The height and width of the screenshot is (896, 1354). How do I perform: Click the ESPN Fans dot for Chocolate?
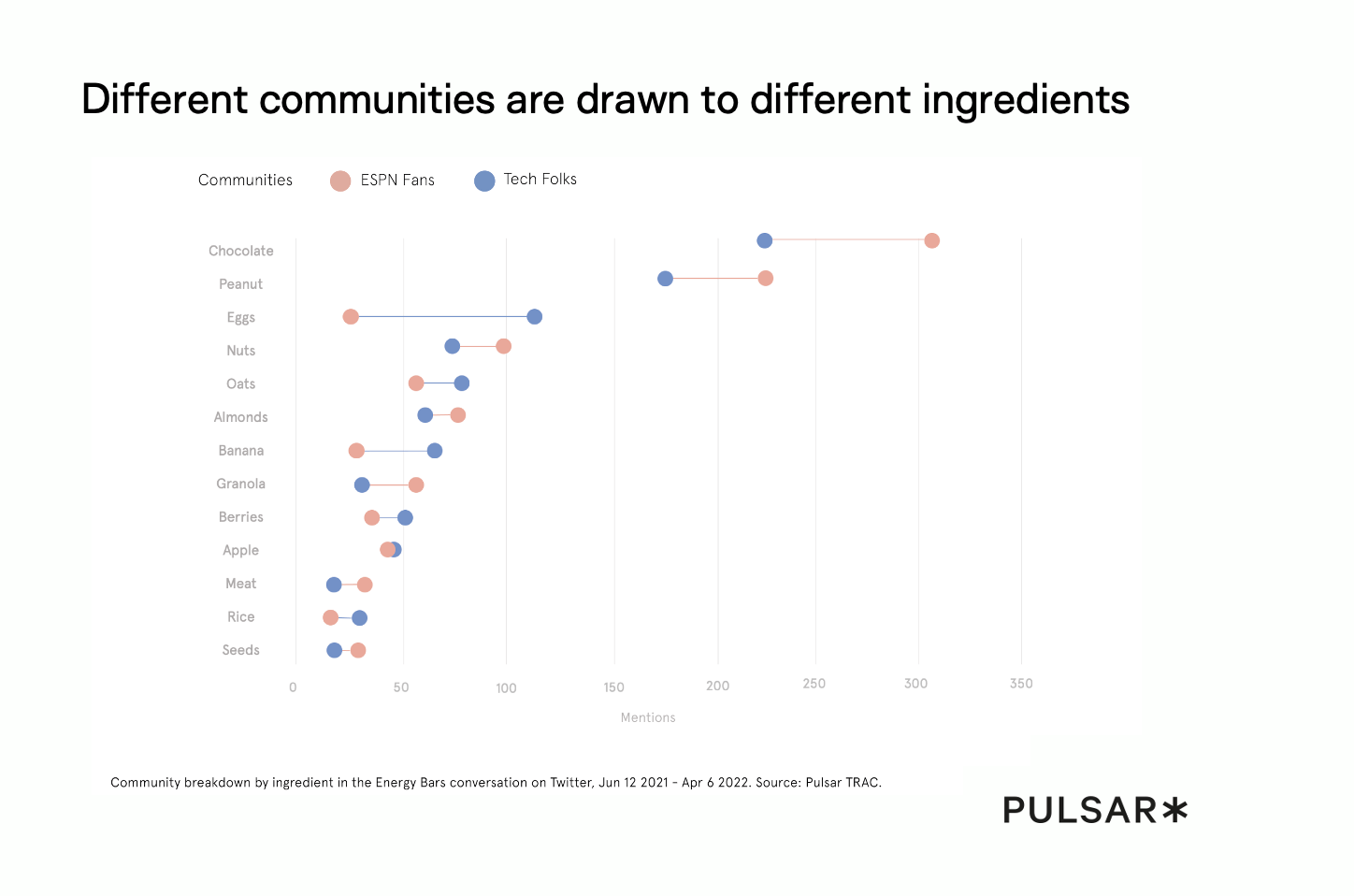click(x=931, y=240)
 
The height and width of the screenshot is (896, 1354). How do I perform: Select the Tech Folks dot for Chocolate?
click(x=764, y=240)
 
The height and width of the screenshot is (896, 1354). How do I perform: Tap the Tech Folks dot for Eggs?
click(x=534, y=317)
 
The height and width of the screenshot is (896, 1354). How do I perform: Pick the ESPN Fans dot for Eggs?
click(x=351, y=317)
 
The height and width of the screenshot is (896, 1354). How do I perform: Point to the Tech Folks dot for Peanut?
click(x=665, y=279)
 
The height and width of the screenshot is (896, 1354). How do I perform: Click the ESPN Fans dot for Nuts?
click(x=503, y=346)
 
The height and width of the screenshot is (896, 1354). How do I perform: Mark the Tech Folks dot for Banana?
click(x=435, y=451)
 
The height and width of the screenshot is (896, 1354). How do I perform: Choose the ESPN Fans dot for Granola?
click(x=416, y=484)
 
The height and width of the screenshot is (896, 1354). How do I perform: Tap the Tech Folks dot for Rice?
click(x=360, y=618)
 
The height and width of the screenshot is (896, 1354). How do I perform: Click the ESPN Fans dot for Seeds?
click(x=358, y=650)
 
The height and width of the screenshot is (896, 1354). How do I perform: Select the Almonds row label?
click(x=240, y=417)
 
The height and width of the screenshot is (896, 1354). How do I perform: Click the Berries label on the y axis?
click(x=240, y=517)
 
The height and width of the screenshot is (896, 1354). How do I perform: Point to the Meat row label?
click(x=240, y=584)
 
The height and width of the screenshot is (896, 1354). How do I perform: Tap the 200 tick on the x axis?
click(x=717, y=686)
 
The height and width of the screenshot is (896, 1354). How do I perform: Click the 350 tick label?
click(x=1021, y=684)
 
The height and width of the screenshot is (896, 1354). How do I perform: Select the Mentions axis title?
click(x=648, y=717)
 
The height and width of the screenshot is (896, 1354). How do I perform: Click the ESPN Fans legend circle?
click(x=340, y=181)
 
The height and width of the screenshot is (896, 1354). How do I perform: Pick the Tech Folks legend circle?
click(x=484, y=181)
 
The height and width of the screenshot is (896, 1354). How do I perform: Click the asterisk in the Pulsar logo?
click(x=1174, y=810)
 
